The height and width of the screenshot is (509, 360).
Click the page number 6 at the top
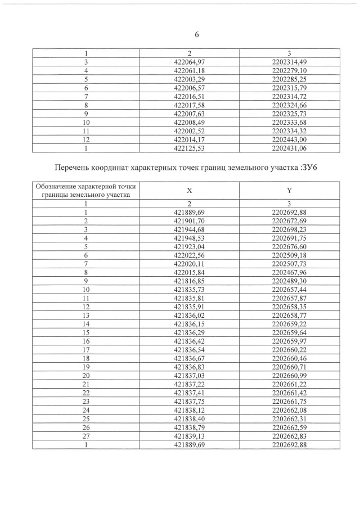click(197, 34)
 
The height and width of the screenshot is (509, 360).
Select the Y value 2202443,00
click(288, 139)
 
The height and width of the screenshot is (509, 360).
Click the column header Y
click(288, 191)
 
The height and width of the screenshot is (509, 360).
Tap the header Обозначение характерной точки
click(86, 187)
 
